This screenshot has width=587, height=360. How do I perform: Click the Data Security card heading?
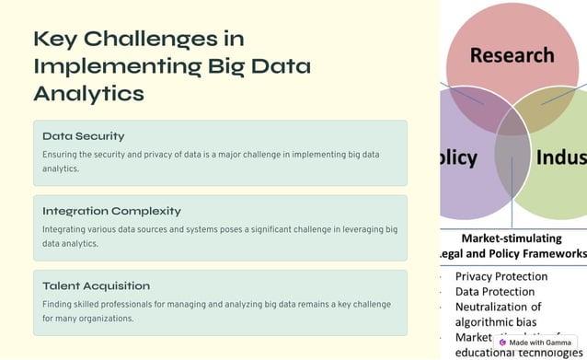tap(83, 136)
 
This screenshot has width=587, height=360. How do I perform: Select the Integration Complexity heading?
tap(111, 211)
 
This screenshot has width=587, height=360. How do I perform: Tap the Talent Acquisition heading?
tap(96, 285)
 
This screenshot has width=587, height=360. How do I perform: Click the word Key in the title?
tap(53, 39)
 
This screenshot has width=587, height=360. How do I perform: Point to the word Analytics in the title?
tap(88, 93)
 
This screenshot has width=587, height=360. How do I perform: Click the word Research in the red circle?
tap(512, 54)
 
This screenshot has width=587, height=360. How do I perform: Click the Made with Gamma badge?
tap(535, 343)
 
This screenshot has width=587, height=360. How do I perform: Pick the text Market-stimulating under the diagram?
tap(512, 237)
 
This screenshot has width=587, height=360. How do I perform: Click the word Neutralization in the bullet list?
tap(498, 307)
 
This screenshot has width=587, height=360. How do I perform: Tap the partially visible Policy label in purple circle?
tap(458, 157)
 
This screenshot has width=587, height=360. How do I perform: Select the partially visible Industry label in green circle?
tap(560, 157)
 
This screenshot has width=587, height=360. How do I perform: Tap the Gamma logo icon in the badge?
tap(502, 343)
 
